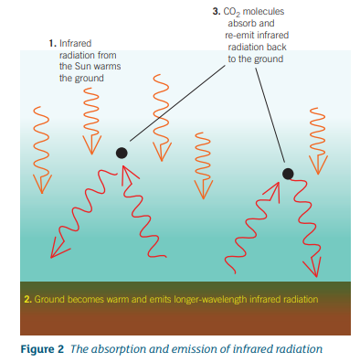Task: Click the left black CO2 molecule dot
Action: click(x=122, y=153)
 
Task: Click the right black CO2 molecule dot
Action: click(x=288, y=174)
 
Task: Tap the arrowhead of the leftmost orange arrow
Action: click(x=42, y=184)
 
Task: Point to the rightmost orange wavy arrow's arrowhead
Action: click(x=318, y=165)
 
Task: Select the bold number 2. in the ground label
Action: click(x=28, y=299)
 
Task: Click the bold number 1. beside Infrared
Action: click(x=53, y=44)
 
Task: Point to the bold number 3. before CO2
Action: click(x=217, y=11)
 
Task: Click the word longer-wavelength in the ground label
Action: click(x=210, y=299)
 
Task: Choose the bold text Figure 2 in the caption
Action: click(x=42, y=348)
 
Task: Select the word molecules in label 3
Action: click(x=263, y=12)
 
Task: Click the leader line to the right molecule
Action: click(x=270, y=115)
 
